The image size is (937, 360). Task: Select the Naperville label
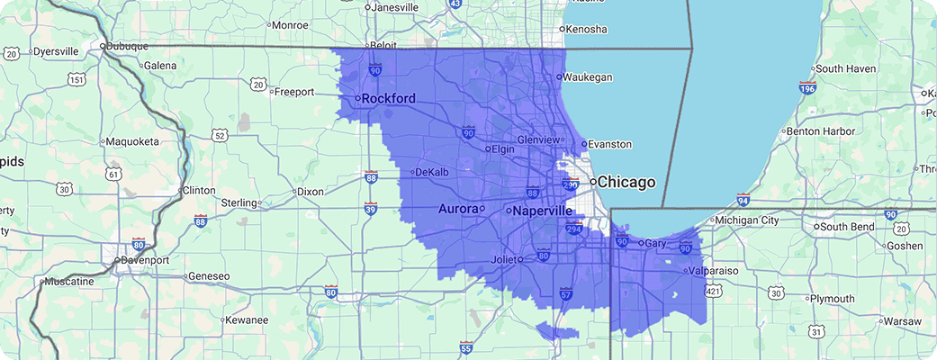pos(541,211)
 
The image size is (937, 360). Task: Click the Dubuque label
pos(125,46)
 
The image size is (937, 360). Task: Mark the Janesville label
pos(395,7)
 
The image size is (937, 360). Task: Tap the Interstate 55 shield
pos(465,347)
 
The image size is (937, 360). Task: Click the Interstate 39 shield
pos(370,209)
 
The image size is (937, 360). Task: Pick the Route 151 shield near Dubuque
pos(78,80)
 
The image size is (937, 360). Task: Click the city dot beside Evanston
pos(583,144)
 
